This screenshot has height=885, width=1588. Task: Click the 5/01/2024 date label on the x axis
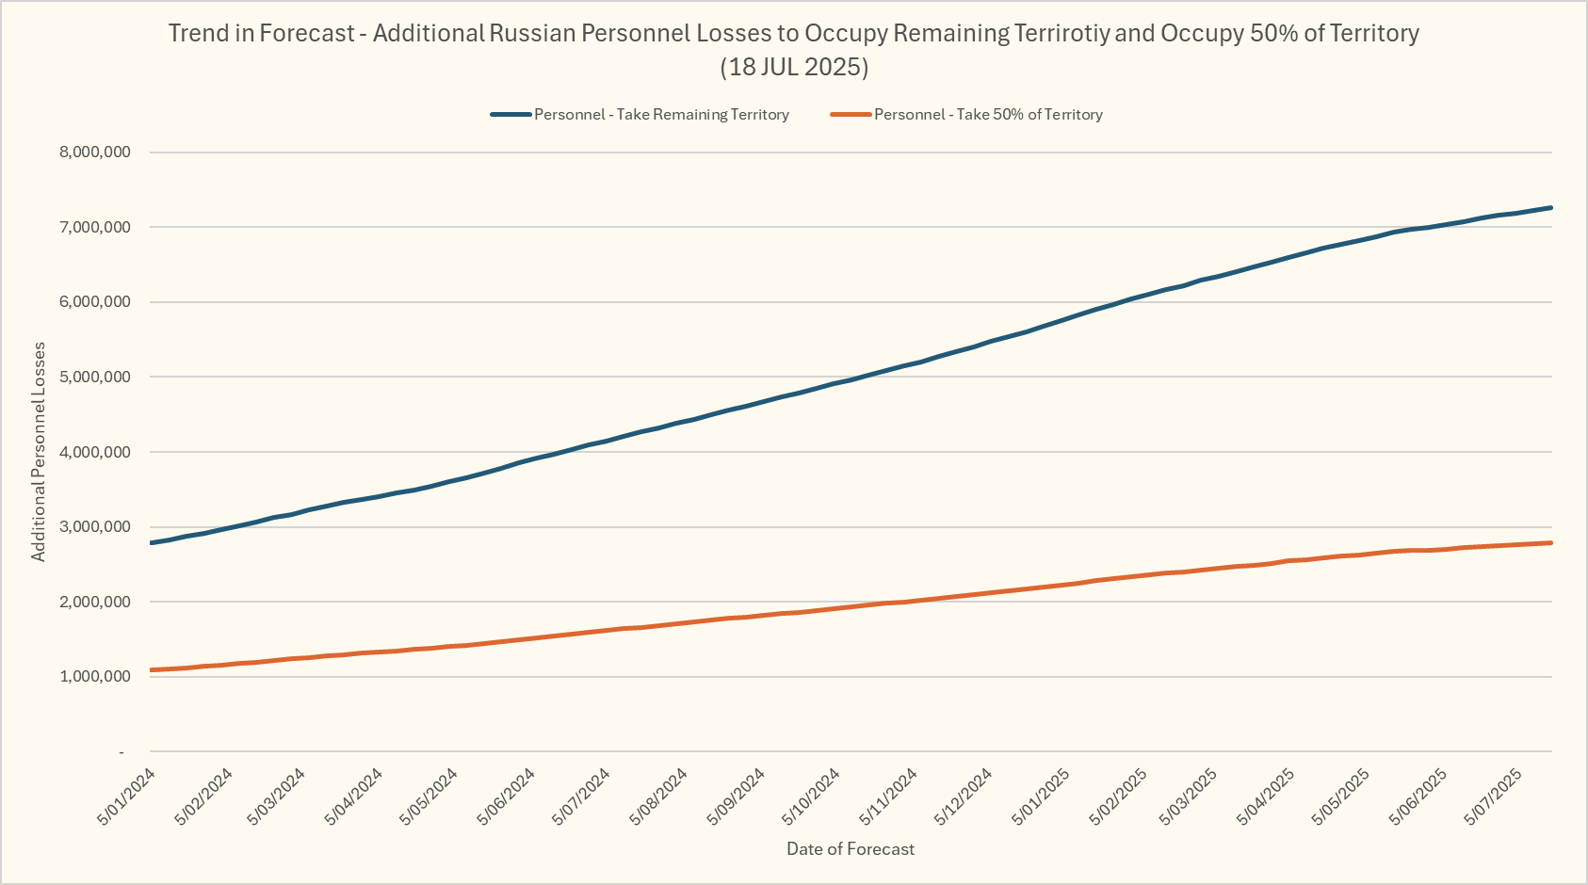(x=127, y=796)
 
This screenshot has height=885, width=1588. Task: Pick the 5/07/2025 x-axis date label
(x=1493, y=796)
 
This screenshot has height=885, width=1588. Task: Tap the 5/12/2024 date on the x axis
(x=964, y=796)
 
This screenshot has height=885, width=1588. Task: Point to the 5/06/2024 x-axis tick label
(x=506, y=796)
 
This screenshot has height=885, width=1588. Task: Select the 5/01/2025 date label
(x=1041, y=796)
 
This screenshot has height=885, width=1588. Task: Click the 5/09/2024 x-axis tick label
(x=736, y=796)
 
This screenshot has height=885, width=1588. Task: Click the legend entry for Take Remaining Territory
(x=661, y=115)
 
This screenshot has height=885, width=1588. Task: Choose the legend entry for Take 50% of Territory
(x=988, y=115)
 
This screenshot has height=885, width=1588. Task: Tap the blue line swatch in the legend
(x=511, y=115)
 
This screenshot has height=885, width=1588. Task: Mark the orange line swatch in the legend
(x=851, y=115)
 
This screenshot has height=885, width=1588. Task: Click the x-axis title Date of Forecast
(x=851, y=849)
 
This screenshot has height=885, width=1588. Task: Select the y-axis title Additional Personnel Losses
(x=39, y=452)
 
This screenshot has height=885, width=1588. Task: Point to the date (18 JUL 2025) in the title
(x=794, y=67)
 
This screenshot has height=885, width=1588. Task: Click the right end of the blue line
(x=1550, y=208)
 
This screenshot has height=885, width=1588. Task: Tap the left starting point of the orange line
(x=152, y=670)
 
